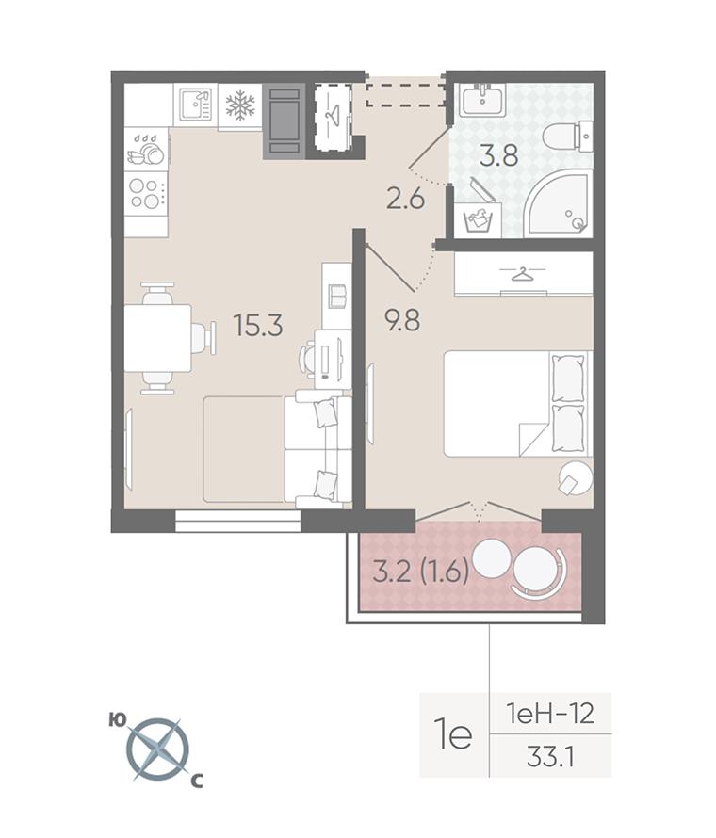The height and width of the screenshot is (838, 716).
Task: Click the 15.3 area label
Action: (258, 325)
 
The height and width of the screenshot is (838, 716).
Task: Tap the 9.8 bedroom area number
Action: (402, 321)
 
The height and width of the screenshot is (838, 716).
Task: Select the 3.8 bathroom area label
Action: (498, 156)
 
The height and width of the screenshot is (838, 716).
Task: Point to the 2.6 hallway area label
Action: (405, 199)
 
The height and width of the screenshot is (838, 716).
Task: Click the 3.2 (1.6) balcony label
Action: (421, 572)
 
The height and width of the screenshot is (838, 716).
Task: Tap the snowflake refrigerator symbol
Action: (240, 105)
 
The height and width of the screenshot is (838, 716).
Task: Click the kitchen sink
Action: (196, 105)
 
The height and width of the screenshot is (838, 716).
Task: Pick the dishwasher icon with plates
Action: (145, 150)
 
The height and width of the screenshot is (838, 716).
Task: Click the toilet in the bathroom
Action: (567, 137)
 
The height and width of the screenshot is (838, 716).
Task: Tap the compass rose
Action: (158, 748)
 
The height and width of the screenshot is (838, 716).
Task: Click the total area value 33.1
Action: (550, 757)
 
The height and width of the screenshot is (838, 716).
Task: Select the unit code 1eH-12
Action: (549, 714)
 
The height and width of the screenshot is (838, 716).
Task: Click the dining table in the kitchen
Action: (157, 338)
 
